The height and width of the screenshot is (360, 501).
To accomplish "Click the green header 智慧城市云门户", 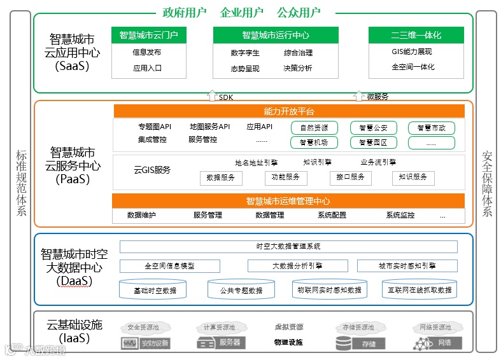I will (148, 35).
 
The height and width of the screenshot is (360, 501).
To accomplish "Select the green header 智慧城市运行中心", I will (275, 35).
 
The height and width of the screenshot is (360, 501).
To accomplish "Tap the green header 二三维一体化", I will (416, 35).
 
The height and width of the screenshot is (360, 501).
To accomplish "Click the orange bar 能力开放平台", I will (288, 111).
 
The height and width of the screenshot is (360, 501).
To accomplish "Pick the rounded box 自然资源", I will (314, 128).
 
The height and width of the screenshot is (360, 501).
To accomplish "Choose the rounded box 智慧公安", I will (373, 128).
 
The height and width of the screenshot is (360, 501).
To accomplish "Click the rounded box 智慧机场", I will (314, 143).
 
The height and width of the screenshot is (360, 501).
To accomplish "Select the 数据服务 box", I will (221, 177).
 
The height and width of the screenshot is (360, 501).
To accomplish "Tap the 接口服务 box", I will (350, 177).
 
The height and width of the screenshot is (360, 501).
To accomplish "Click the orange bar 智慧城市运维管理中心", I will (288, 201).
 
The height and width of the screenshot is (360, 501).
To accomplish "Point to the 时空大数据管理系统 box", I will (288, 246).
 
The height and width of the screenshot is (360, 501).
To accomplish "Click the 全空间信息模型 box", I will (169, 266).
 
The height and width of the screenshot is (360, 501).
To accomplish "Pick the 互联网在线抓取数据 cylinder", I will (420, 290).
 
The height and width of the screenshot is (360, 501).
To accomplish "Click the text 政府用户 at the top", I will (184, 12).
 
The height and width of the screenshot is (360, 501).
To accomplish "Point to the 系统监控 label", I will (400, 216).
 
